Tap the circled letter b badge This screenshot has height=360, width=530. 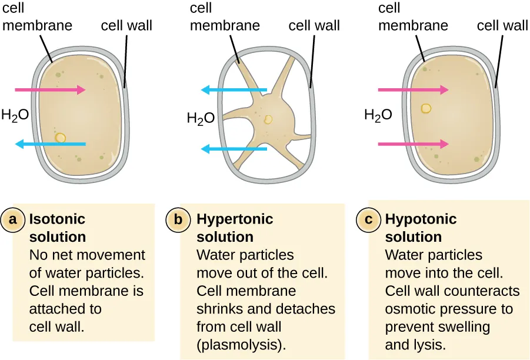[179, 219]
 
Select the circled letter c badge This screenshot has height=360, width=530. [369, 219]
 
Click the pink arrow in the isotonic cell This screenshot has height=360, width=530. [50, 90]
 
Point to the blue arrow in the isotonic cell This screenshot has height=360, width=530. [50, 144]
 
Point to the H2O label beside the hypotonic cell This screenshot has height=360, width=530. [378, 115]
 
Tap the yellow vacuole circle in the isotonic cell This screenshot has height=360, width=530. [60, 138]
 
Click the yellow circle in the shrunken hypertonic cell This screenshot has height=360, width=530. [268, 120]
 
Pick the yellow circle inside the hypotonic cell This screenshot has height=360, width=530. [426, 109]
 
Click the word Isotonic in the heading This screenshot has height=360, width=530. [57, 219]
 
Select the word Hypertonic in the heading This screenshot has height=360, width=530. [235, 219]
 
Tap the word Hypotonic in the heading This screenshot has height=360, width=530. [421, 219]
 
